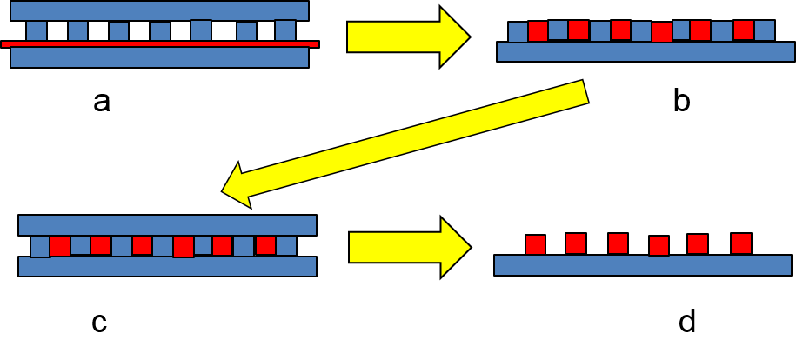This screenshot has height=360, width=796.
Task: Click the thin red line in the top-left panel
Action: [159, 43]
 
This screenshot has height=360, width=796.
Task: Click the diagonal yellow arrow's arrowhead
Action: [237, 184]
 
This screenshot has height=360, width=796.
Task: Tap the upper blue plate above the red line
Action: [159, 10]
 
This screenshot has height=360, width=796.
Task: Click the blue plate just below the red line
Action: [159, 57]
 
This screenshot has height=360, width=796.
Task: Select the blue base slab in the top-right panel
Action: [645, 51]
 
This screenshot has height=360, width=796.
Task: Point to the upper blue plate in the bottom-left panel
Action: [167, 225]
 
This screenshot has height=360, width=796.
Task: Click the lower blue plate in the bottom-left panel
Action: [167, 266]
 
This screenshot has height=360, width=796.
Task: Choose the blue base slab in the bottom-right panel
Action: [642, 265]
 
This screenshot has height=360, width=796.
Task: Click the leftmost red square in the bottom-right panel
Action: [535, 244]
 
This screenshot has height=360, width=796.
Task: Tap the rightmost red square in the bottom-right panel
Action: [741, 243]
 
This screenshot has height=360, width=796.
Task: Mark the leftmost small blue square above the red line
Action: [37, 30]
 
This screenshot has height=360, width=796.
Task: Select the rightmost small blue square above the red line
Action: [285, 30]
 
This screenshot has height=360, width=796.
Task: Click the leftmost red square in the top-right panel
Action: [538, 31]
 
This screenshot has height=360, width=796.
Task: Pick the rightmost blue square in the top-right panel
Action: [764, 30]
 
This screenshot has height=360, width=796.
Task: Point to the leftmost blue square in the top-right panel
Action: [518, 32]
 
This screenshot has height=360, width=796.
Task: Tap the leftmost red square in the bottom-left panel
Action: [60, 246]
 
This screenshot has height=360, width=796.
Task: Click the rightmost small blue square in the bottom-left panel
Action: [286, 245]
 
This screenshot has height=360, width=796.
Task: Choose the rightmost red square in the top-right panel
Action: [743, 30]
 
